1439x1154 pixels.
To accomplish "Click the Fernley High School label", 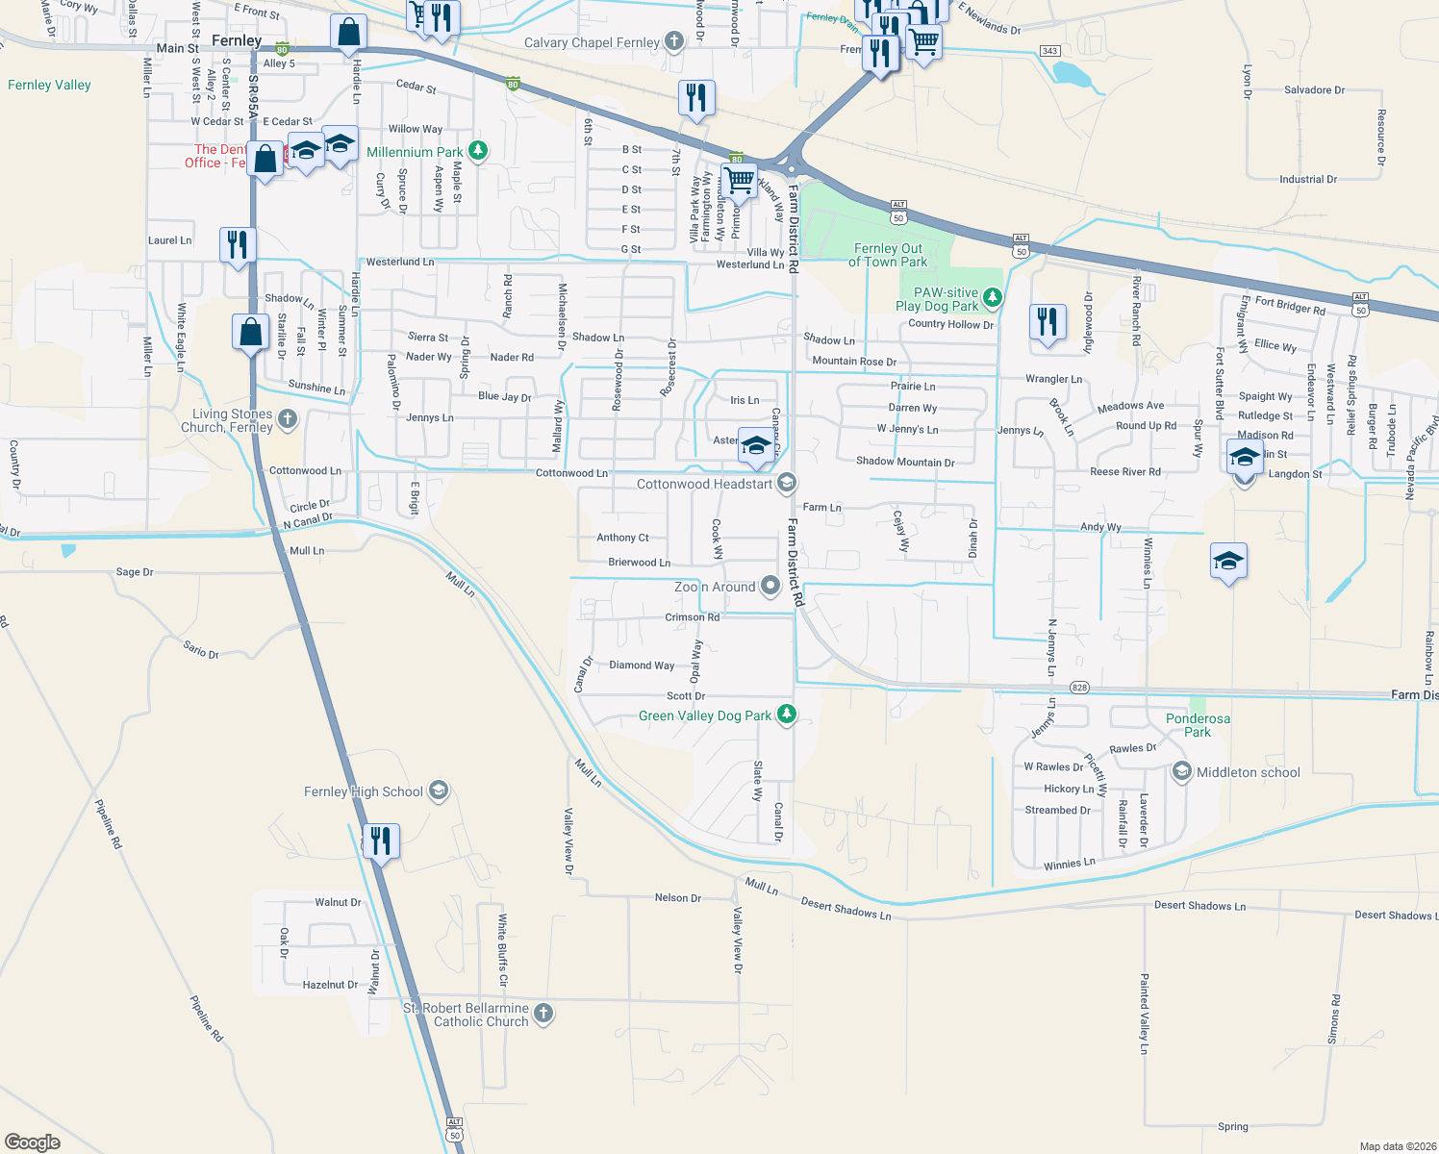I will [364, 791].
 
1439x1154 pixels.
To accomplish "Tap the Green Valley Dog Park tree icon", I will [787, 715].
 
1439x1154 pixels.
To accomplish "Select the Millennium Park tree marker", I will [477, 151].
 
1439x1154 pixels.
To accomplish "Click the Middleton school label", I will [1248, 772].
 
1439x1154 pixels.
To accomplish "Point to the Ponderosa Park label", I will [1198, 725].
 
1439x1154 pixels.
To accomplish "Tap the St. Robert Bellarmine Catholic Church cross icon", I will [543, 1014].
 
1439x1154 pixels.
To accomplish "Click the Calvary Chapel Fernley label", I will [592, 42].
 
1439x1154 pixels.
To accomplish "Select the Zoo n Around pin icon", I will [770, 586].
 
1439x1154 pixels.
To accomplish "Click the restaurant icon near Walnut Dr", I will [381, 840].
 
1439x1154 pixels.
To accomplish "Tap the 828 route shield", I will [1079, 688].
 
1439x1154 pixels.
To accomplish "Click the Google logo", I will [33, 1141].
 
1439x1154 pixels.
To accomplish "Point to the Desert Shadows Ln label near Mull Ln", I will [846, 910].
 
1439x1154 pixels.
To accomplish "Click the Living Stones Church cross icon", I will [287, 418].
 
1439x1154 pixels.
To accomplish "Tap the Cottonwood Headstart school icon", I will [786, 483].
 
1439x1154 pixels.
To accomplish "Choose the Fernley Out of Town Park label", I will [887, 255].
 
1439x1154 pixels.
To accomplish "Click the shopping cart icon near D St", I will [739, 180].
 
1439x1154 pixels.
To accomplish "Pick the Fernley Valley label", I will [49, 85].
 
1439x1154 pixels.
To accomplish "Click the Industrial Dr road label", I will [1307, 180].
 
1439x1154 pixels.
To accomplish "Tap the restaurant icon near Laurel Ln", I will [238, 244].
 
